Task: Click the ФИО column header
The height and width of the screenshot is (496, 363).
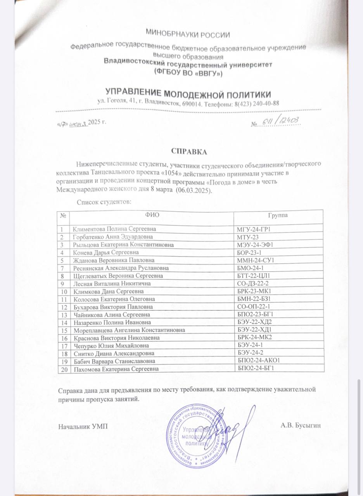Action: (152, 215)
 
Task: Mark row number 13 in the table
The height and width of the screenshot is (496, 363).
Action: (63, 315)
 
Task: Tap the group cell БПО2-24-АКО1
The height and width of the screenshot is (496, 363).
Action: (258, 361)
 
